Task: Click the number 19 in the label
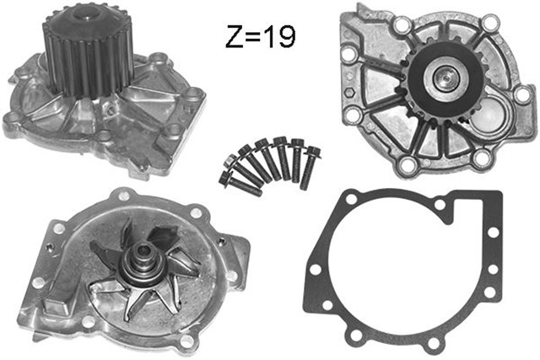pos(276,36)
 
